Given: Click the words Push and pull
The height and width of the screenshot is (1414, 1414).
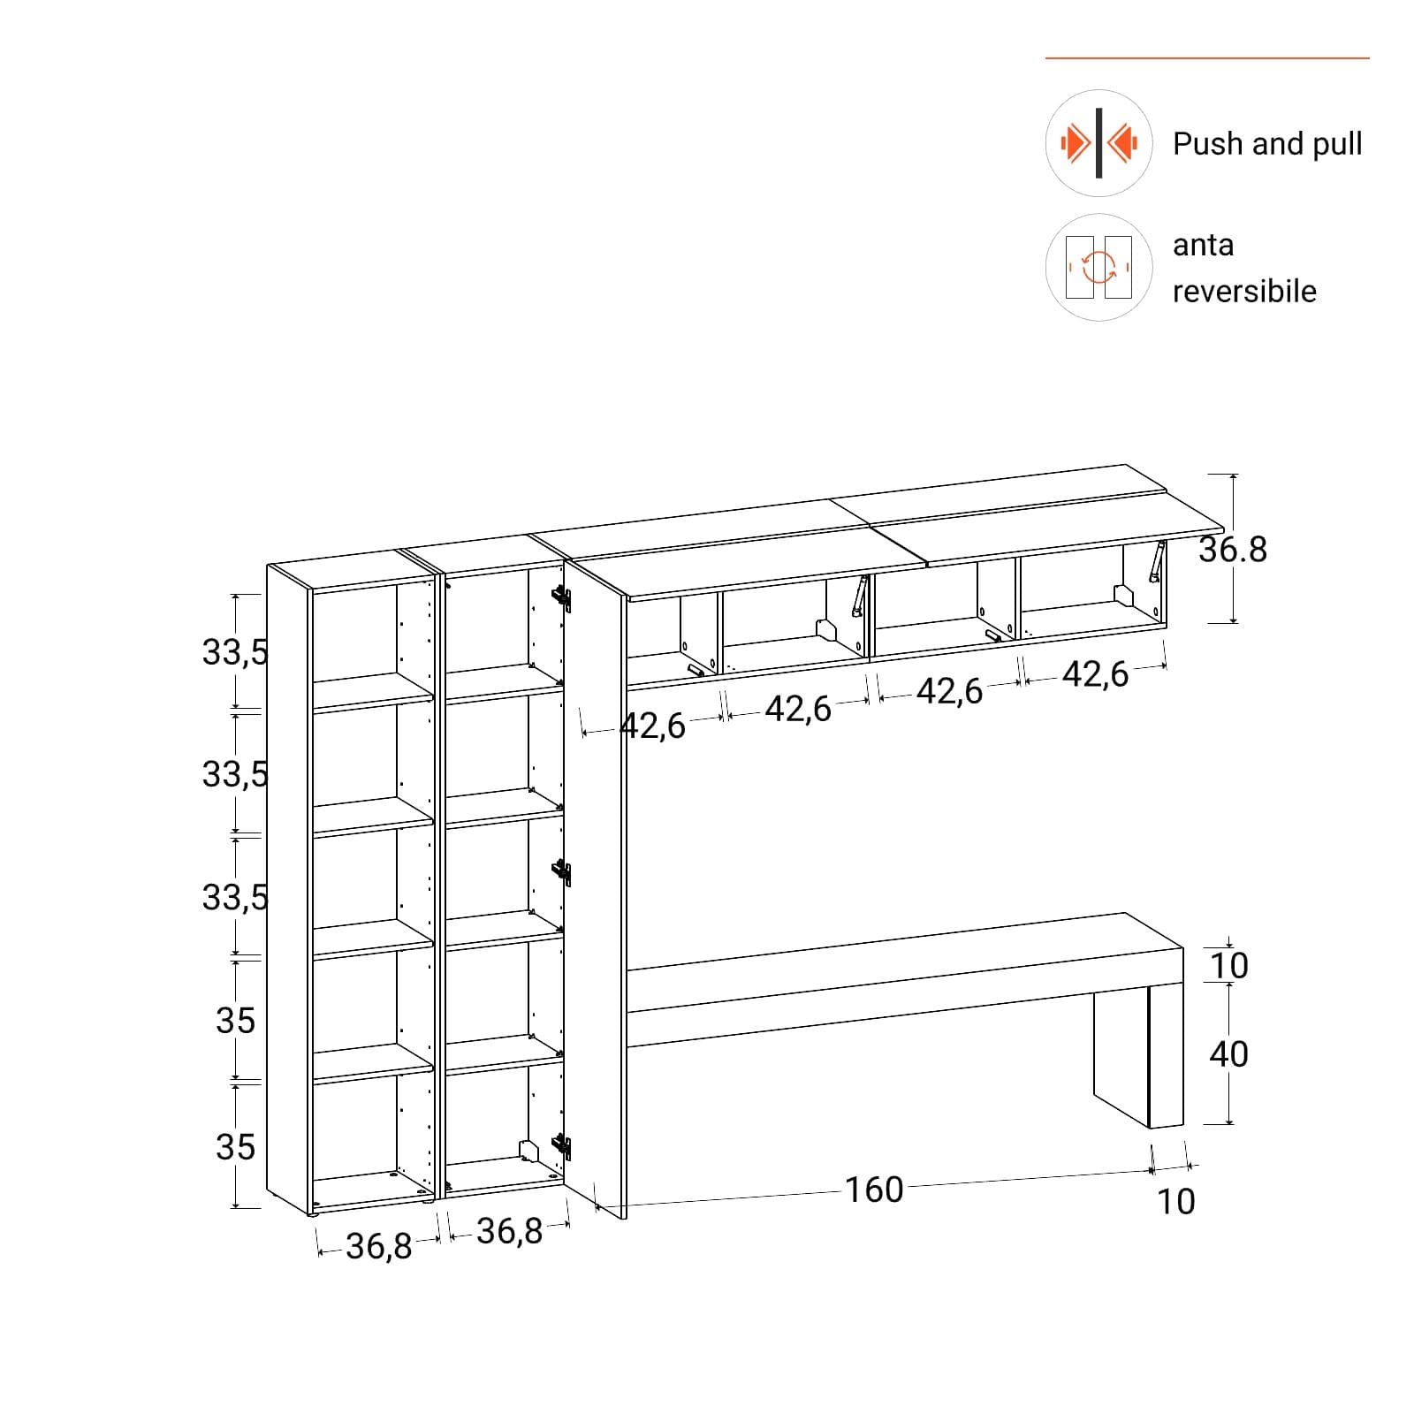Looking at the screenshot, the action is [1266, 143].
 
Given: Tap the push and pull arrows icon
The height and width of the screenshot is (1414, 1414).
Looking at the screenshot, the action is [1099, 143].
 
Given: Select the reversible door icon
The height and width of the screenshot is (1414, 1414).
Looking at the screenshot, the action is [1099, 267].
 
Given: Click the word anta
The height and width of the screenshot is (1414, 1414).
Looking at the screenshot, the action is [1203, 245].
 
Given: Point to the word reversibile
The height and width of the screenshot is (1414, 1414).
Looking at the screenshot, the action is [1244, 291].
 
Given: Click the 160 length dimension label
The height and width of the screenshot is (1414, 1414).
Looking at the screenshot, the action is [874, 1190].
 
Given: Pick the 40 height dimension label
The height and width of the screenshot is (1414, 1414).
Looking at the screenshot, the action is [1228, 1053].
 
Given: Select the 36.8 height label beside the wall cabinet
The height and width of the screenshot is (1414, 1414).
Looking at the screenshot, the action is [1233, 550].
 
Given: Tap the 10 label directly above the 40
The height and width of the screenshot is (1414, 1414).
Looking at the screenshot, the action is [1228, 966].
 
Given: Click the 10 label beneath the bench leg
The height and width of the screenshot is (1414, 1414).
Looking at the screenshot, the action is [1176, 1202].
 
